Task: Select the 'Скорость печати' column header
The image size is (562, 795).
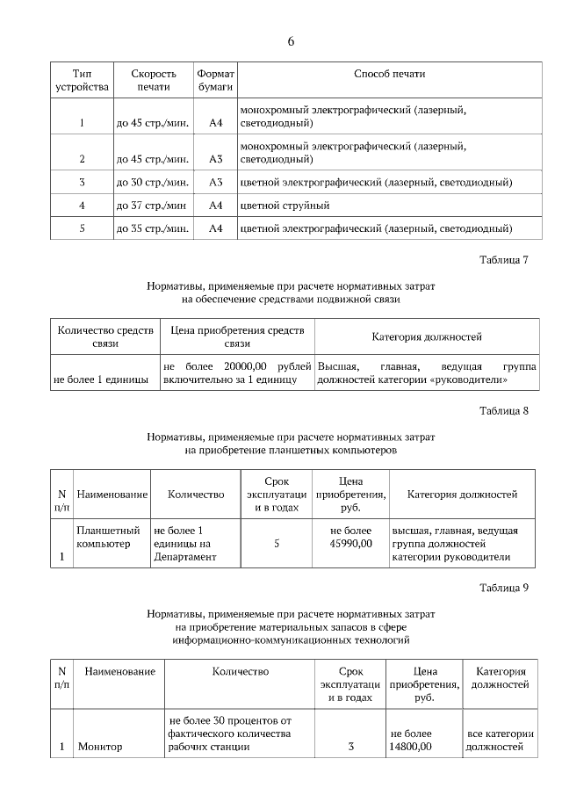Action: tap(154, 81)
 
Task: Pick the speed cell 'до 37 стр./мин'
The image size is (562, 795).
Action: tap(151, 206)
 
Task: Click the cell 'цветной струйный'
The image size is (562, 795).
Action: tap(285, 206)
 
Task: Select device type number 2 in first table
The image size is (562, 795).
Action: tap(82, 160)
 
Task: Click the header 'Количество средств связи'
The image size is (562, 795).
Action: tap(105, 337)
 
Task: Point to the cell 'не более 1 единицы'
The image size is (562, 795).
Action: tap(101, 379)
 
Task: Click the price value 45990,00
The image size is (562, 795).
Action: tap(350, 544)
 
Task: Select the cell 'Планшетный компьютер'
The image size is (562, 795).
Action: tap(109, 538)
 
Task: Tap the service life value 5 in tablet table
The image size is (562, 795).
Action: tap(277, 544)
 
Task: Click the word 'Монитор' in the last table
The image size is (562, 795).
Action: tap(100, 747)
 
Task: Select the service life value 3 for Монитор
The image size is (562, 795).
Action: tap(350, 747)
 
